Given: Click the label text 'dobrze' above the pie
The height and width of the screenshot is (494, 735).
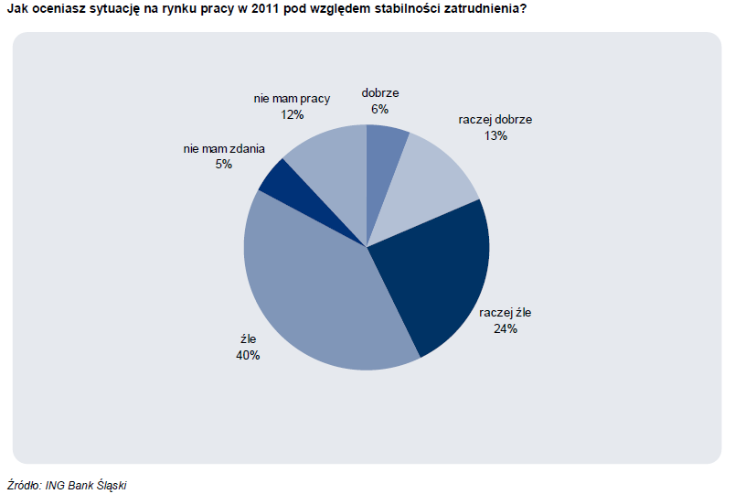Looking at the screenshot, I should [380, 92].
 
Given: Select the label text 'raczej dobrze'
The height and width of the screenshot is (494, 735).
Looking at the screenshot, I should [495, 119].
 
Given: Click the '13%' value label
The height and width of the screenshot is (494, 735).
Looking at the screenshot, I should [495, 135].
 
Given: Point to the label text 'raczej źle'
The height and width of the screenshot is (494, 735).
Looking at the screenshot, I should [505, 313].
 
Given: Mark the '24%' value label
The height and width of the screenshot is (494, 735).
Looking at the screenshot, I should [505, 328].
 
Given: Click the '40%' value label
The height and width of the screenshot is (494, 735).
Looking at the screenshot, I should [247, 355].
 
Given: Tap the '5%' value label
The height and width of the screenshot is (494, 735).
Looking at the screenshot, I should [224, 164].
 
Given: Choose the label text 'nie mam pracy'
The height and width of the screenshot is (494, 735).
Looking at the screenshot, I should [292, 99].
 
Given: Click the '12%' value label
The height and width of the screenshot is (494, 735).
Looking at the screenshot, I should [293, 114].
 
